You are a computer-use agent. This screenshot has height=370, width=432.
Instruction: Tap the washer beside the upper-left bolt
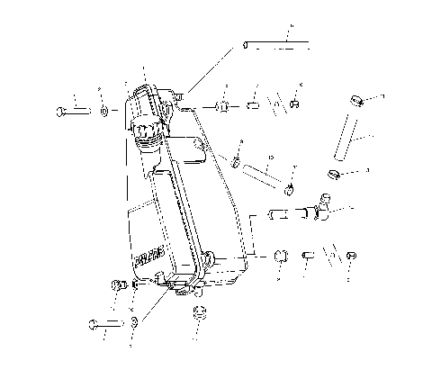(x=105, y=111)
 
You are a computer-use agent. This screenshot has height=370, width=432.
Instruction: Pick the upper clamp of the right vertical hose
(x=357, y=102)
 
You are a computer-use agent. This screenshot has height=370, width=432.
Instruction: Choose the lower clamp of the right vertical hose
(x=333, y=173)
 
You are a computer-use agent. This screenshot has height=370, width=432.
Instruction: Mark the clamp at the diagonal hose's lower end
(x=289, y=188)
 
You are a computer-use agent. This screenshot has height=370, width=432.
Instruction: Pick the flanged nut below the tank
(x=199, y=315)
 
